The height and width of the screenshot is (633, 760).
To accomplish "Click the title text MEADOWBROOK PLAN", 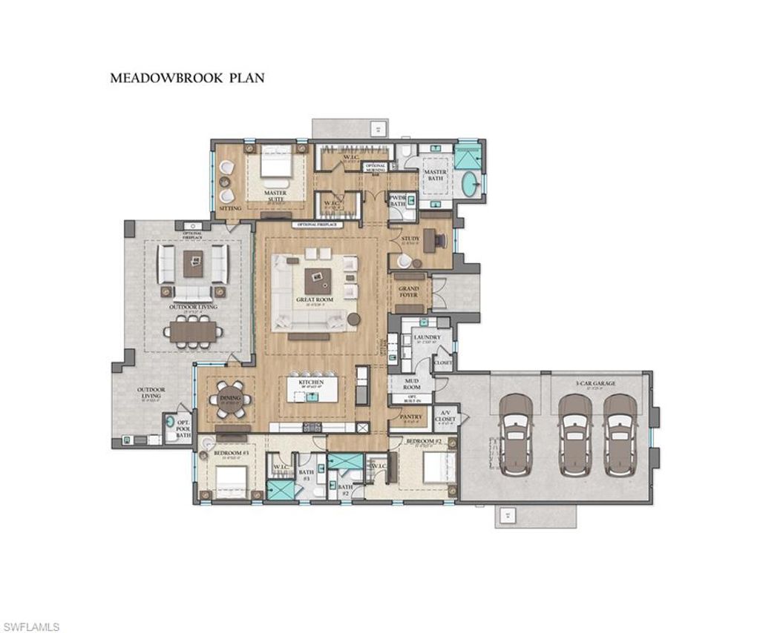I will click(x=187, y=77).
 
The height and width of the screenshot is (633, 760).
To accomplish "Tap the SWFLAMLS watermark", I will click(x=30, y=627).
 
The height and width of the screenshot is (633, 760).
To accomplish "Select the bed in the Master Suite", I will click(x=275, y=169).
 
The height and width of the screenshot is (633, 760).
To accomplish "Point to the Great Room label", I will click(x=315, y=300).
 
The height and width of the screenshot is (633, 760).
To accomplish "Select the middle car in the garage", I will click(x=574, y=433).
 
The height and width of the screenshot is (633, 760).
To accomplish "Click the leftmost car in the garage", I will click(x=517, y=433).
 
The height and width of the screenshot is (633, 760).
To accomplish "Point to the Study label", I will click(x=410, y=239).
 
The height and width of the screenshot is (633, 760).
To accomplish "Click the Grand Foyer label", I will click(x=409, y=291).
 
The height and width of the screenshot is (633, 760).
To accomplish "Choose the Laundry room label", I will click(x=427, y=337).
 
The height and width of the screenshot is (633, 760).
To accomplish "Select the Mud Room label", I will click(x=411, y=384).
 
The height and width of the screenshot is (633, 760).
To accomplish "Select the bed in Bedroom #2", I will click(x=434, y=468).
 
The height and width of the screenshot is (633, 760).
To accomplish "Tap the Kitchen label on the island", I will click(x=312, y=382).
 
